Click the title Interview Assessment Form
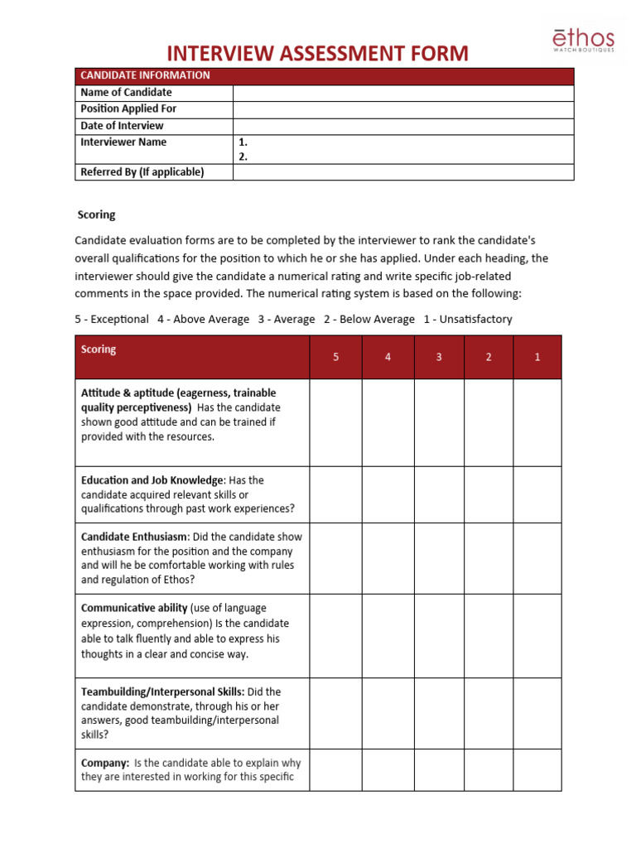click(x=317, y=54)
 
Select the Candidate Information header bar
click(x=324, y=75)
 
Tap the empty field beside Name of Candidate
click(x=402, y=93)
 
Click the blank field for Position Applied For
click(x=402, y=109)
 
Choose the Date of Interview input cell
click(x=402, y=126)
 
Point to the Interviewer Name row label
click(x=123, y=142)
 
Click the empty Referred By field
click(x=402, y=172)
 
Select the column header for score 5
click(x=335, y=357)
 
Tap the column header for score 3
click(x=439, y=357)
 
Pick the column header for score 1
click(x=537, y=357)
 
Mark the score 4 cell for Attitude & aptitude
click(x=388, y=422)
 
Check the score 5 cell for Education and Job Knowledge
click(x=335, y=494)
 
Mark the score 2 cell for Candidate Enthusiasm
click(x=489, y=558)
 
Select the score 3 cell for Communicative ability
click(x=439, y=636)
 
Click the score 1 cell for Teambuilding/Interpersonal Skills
click(x=537, y=713)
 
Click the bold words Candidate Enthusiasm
click(x=133, y=537)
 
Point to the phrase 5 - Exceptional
click(x=112, y=319)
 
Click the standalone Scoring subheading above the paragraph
click(x=96, y=214)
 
